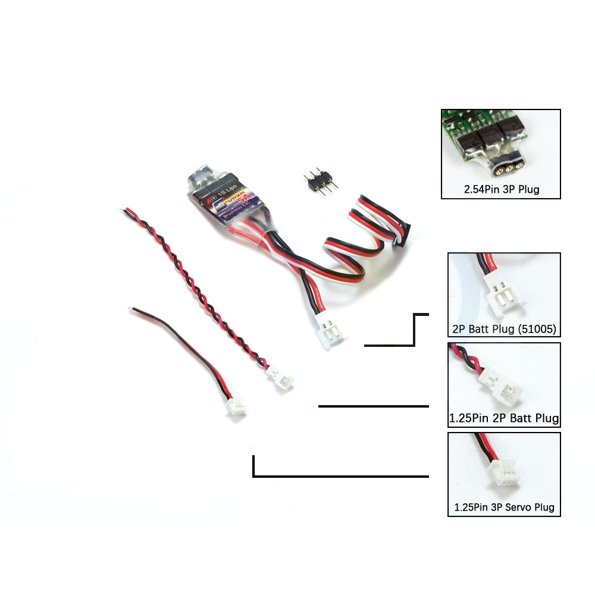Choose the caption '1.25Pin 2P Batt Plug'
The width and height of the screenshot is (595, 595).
click(504, 418)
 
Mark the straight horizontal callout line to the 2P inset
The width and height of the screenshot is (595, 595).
click(374, 406)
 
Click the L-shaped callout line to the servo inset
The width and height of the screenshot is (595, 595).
click(339, 475)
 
